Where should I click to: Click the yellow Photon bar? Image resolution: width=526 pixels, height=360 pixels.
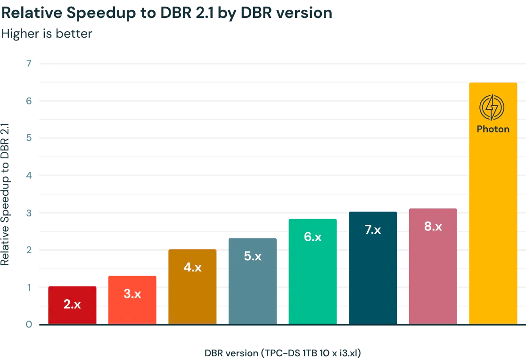493,212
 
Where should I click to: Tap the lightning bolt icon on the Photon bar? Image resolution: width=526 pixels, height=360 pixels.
492,107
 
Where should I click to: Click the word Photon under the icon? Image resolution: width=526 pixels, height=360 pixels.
493,129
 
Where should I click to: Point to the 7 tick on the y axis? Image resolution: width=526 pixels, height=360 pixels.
29,63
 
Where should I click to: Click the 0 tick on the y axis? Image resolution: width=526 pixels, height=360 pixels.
29,325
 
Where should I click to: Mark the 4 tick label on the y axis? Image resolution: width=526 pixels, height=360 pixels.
29,175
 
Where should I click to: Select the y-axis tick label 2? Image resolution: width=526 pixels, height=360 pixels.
29,250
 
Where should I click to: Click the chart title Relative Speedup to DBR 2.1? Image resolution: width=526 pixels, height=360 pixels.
166,13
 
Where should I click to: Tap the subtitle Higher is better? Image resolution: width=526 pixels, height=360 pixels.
47,33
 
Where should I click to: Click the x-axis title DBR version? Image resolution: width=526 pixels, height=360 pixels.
285,353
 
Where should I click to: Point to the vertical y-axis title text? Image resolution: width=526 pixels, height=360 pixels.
5,193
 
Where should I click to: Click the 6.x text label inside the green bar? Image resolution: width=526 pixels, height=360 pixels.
312,237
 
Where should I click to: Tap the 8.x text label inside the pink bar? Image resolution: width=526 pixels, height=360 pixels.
433,227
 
